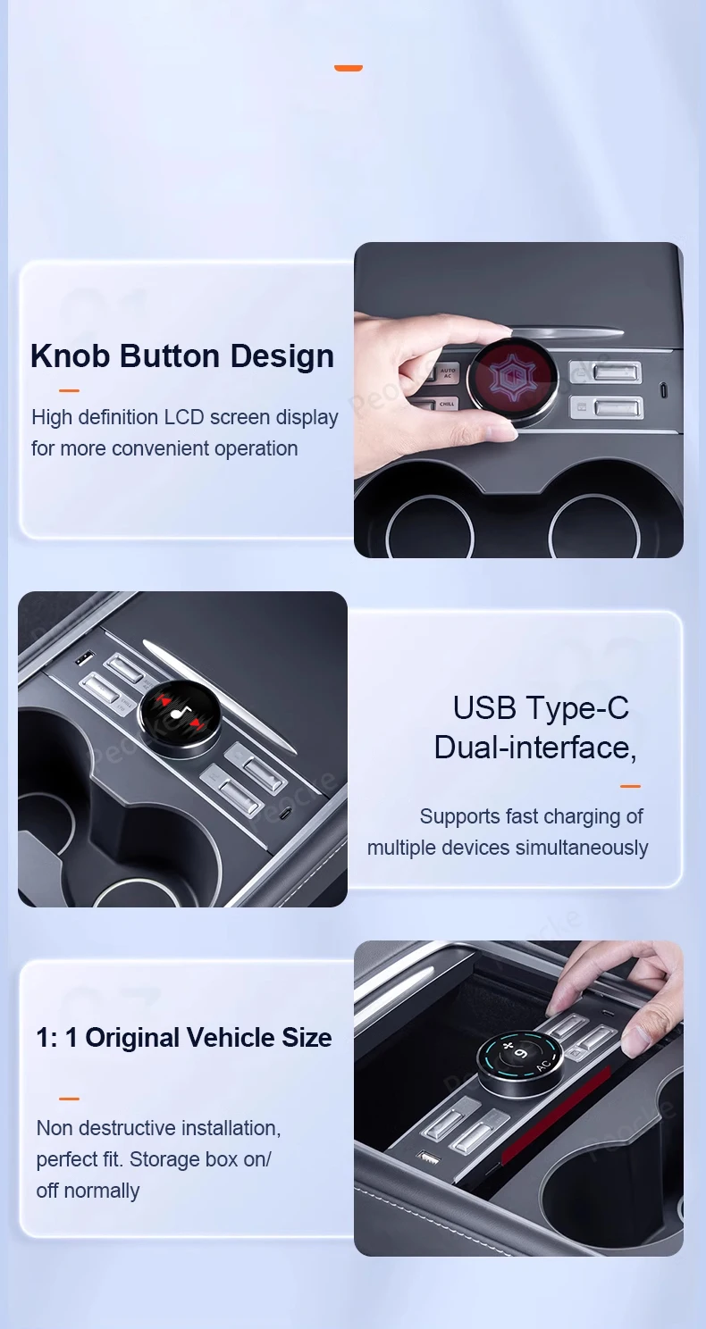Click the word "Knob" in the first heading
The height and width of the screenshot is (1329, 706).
pos(71,355)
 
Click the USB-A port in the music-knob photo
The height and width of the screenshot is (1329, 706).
pos(82,659)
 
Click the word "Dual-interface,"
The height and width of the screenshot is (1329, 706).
pos(534,747)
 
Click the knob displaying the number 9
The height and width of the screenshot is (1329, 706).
pos(519,1061)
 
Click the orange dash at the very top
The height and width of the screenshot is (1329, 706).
pos(348,68)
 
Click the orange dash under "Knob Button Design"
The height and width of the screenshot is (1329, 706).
pos(69,390)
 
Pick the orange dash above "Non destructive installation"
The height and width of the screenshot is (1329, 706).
pos(69,1099)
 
